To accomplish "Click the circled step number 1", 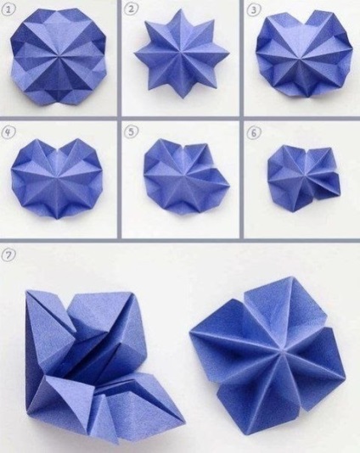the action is point(9,9).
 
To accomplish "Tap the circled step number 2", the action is point(132,9).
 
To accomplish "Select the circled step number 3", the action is point(253,10).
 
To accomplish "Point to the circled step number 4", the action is point(8,132).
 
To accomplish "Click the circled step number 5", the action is point(132,131).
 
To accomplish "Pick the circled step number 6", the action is point(254,133).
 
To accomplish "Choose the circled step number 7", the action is point(8,255).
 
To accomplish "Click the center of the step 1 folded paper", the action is point(58,56).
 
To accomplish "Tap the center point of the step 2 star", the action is point(182,53).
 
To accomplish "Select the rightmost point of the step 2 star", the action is point(229,53).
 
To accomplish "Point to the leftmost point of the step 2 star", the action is point(135,53).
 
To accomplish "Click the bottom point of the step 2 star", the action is point(183,98).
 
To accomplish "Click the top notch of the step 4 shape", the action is point(59,150).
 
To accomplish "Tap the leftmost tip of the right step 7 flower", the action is point(190,333).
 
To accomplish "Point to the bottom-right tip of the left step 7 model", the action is point(184,421).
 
